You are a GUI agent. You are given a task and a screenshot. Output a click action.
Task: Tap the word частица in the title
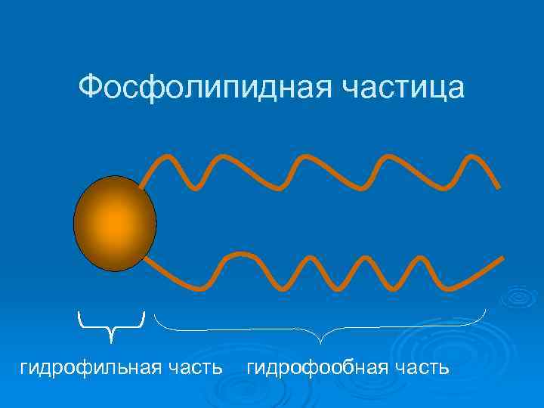[x=404, y=88]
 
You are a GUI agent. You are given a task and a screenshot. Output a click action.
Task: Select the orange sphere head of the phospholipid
[x=115, y=223]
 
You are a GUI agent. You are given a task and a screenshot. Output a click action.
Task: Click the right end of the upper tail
[x=498, y=186]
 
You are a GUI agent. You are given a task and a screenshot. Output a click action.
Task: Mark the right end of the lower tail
[x=502, y=258]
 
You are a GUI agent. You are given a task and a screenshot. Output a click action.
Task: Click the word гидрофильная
[x=91, y=368]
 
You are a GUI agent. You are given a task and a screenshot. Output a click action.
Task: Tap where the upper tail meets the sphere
[x=142, y=186]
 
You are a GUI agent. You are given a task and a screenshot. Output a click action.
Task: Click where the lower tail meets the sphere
[x=146, y=259]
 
